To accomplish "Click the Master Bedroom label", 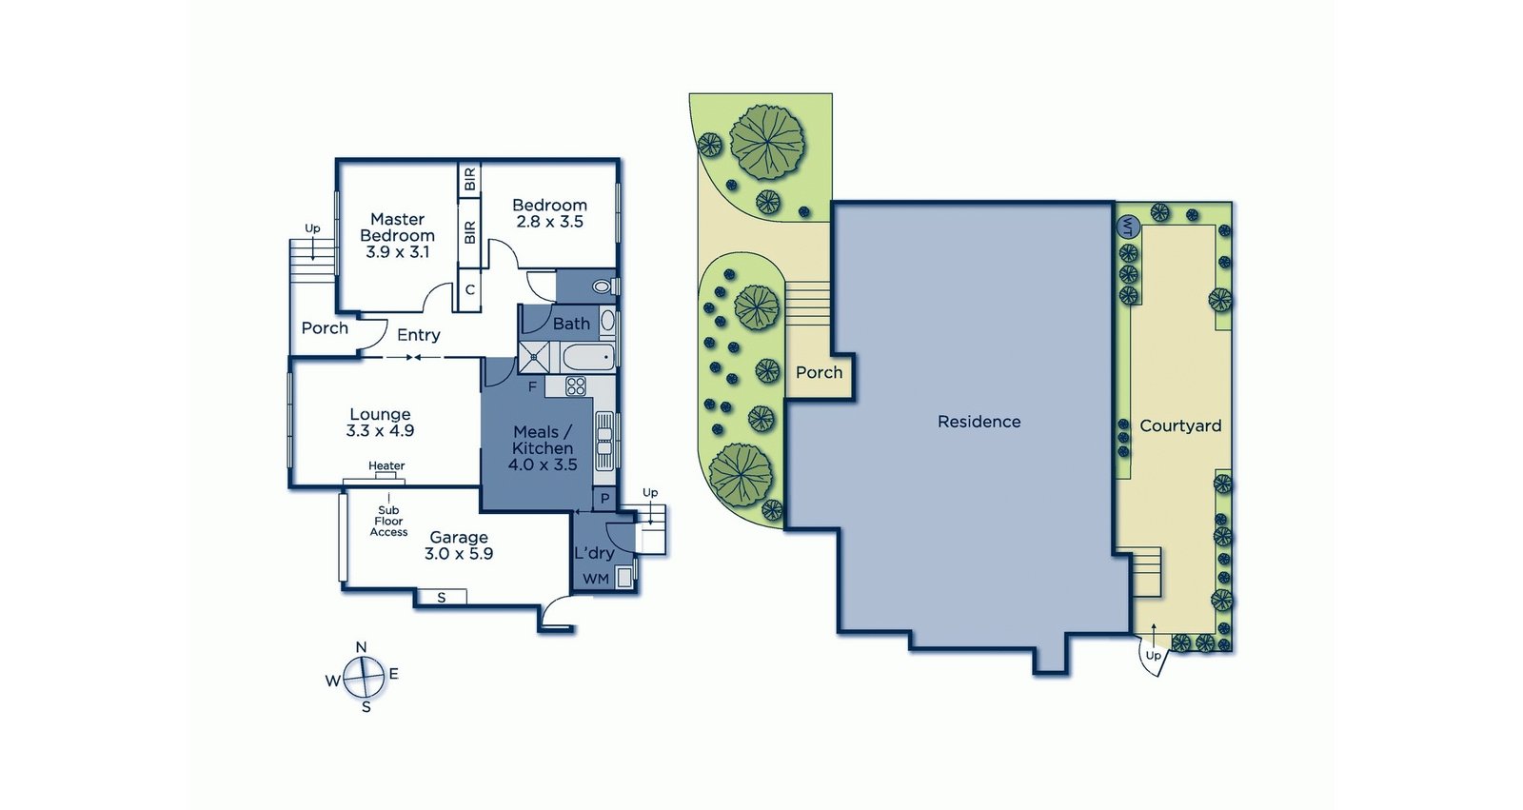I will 397,235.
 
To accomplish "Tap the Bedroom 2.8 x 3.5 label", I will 549,213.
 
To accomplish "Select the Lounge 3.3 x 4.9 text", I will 380,423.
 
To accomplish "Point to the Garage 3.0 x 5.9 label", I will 459,545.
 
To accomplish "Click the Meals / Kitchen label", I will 543,448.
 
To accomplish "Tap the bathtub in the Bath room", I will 588,358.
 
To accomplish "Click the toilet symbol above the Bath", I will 603,286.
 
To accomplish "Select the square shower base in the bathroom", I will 534,359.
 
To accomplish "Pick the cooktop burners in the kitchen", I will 576,385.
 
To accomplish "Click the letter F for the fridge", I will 532,386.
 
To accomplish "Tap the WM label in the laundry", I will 596,579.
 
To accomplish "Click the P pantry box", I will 604,499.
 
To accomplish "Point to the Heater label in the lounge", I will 386,466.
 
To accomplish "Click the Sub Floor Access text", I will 388,522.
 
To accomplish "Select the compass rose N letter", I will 361,647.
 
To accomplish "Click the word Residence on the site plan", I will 979,422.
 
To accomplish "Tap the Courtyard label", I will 1180,425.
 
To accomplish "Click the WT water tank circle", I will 1127,227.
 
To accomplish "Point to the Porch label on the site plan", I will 819,372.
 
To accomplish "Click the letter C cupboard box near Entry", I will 469,289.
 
